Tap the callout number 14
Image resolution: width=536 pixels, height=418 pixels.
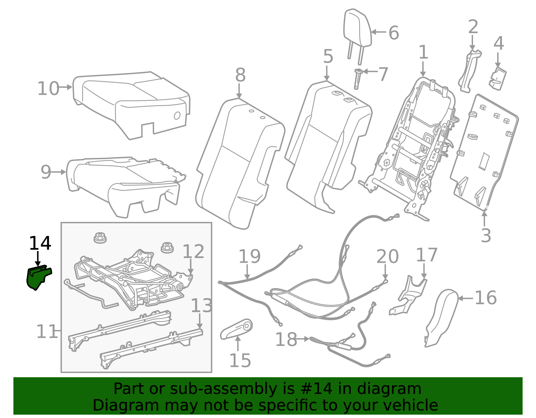point(40,243)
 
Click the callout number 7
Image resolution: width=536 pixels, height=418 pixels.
point(383,74)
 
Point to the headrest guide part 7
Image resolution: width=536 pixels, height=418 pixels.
point(358,79)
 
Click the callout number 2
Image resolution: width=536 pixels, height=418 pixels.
point(473,26)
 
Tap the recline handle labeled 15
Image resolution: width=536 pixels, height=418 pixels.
point(236,329)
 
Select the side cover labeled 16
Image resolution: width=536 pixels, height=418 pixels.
point(441,318)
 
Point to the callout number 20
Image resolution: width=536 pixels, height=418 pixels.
point(387,256)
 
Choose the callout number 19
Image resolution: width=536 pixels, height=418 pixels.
point(249,256)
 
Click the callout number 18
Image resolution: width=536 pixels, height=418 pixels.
point(286,339)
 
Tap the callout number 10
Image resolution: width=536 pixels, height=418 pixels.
point(48,88)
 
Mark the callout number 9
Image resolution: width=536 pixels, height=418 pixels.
point(46,172)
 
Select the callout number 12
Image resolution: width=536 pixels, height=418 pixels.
point(193,251)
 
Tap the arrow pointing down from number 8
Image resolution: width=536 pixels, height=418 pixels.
point(239,91)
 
